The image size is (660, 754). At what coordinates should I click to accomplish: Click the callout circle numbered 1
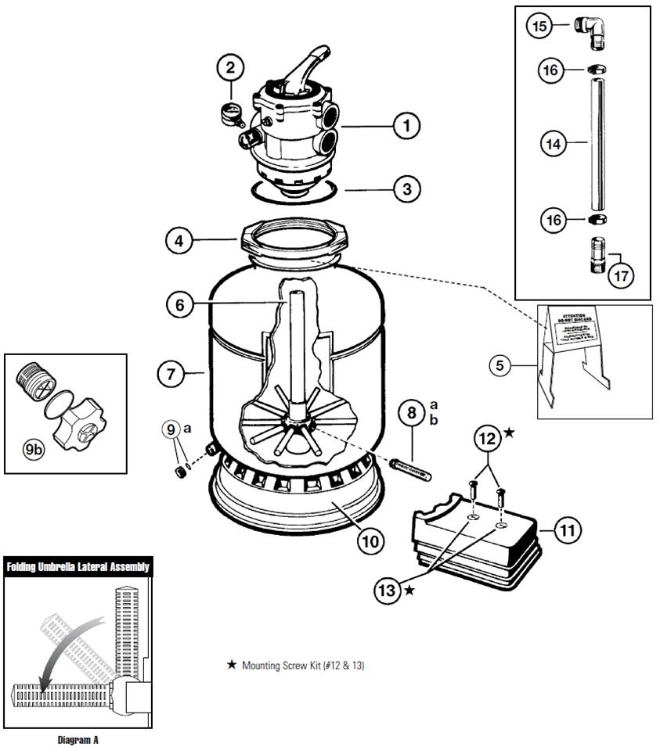point(406,124)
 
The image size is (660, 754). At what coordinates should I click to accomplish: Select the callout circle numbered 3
point(406,188)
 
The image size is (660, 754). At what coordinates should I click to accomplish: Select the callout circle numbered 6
point(180,304)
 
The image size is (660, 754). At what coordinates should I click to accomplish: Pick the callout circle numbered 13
point(385,591)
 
